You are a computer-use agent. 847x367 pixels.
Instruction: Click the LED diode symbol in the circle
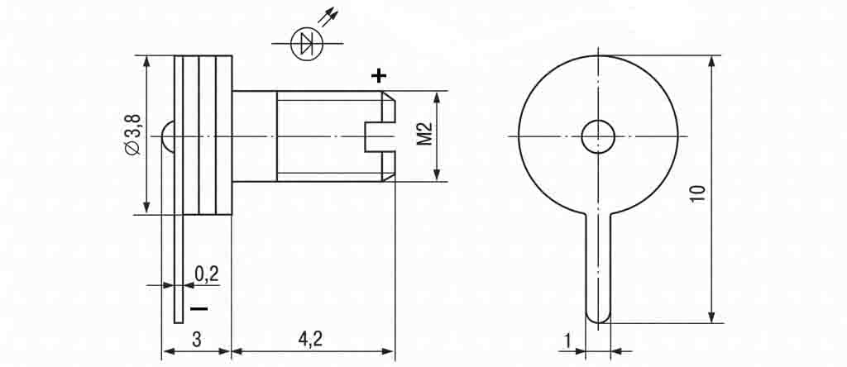[307, 44]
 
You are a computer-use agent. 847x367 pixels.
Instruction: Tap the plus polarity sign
[379, 75]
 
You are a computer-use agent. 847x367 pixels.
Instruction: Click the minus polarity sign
[199, 308]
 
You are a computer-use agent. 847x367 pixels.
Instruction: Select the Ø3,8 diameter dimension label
[133, 135]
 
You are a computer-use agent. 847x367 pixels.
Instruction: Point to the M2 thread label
[425, 134]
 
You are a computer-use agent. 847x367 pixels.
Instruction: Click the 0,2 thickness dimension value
[206, 274]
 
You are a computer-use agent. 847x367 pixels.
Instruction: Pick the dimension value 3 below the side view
[197, 340]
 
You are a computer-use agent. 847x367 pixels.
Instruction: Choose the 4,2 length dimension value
[310, 339]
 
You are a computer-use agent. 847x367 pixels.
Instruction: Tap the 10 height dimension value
[698, 193]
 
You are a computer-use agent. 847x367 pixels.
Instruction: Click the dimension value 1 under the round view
[567, 341]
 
